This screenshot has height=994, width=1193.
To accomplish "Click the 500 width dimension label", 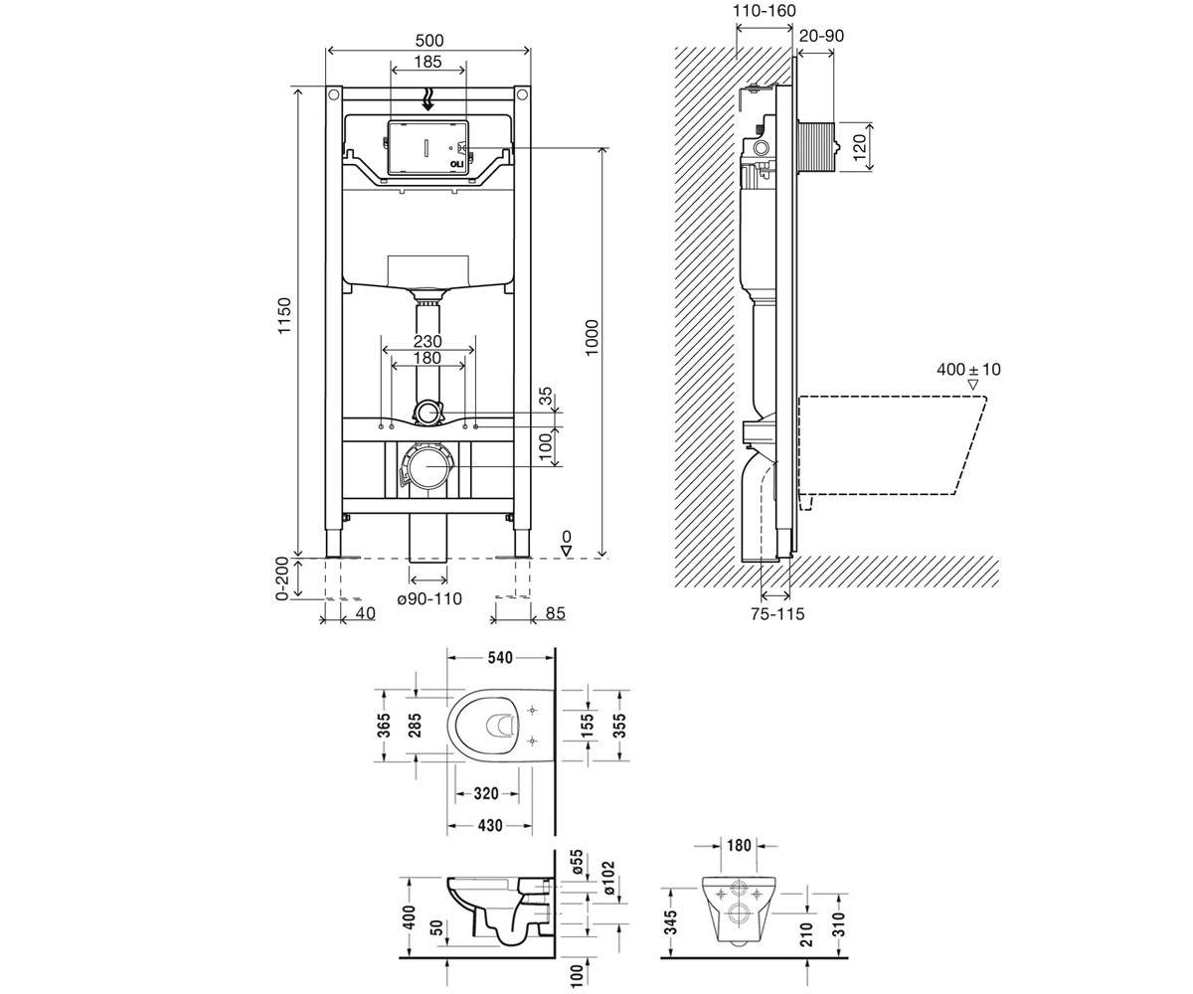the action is pyautogui.click(x=429, y=41).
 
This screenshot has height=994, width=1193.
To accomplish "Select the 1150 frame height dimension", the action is pyautogui.click(x=284, y=316).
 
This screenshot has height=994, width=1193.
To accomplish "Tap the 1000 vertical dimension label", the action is pyautogui.click(x=592, y=338).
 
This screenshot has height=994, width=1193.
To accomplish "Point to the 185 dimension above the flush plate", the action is pyautogui.click(x=427, y=61).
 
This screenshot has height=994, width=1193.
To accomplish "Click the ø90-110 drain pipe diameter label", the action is pyautogui.click(x=429, y=598).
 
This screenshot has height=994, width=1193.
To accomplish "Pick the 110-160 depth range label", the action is pyautogui.click(x=765, y=11).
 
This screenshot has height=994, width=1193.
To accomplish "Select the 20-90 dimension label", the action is pyautogui.click(x=821, y=36).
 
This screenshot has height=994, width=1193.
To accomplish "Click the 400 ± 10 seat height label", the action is pyautogui.click(x=969, y=370).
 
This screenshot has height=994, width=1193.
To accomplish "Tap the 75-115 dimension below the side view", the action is pyautogui.click(x=777, y=614).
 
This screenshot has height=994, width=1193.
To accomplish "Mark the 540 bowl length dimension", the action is pyautogui.click(x=500, y=658).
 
